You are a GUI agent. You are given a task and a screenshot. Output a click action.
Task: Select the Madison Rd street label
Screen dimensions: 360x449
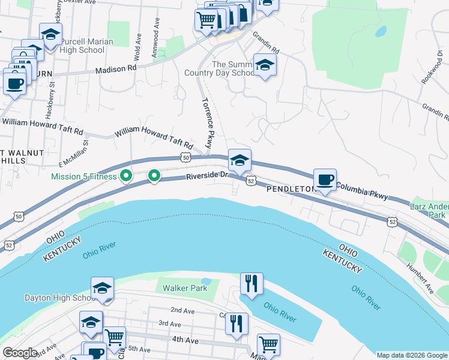click(x=116, y=70)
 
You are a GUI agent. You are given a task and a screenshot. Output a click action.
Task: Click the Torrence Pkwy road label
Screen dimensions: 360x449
click(x=207, y=123)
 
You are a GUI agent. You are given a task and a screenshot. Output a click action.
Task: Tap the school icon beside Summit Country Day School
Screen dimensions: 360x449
click(x=264, y=65)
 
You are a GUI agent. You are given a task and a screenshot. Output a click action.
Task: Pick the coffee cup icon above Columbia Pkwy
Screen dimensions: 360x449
click(x=325, y=179)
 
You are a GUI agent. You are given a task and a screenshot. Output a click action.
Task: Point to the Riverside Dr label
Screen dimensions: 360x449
click(x=207, y=176)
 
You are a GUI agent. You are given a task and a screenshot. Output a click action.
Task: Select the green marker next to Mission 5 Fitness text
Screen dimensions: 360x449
click(x=125, y=176)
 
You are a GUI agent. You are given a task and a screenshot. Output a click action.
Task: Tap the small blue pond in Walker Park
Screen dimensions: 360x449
click(x=206, y=281)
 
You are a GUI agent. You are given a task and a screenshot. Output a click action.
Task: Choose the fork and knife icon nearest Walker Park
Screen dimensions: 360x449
click(x=251, y=283)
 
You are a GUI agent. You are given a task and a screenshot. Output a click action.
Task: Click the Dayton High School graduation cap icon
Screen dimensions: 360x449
click(x=102, y=288)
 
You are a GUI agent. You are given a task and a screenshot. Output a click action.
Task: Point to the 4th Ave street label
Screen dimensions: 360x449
click(x=184, y=340)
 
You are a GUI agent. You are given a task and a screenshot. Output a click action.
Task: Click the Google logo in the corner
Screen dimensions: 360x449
click(x=20, y=353)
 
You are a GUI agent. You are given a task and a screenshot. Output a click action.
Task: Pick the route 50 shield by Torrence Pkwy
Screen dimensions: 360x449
click(x=185, y=157)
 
